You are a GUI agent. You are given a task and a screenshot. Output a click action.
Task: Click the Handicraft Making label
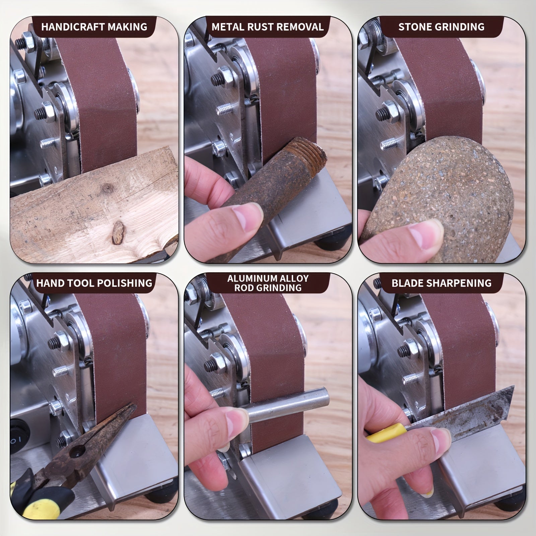[94, 27]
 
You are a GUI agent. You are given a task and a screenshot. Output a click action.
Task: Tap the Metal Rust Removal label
[268, 27]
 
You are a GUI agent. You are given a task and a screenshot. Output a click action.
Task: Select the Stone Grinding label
[441, 27]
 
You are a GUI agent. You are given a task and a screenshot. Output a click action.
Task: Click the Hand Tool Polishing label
[94, 283]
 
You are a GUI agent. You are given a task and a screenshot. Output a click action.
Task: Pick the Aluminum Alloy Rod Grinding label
[268, 283]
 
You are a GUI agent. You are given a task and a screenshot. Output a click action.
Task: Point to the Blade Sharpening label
[441, 283]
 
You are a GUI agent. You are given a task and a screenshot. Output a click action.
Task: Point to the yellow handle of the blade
[385, 432]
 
